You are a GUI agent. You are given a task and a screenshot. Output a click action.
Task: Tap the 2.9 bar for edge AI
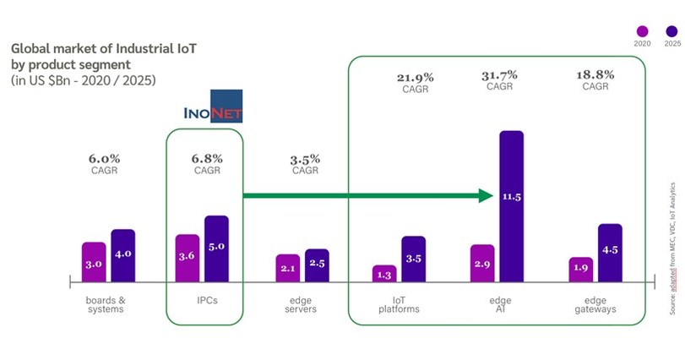481,263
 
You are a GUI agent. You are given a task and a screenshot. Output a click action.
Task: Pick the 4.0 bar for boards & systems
122,255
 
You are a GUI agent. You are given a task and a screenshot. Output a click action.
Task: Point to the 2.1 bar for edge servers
288,268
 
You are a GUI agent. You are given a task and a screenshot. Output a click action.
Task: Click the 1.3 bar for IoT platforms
384,273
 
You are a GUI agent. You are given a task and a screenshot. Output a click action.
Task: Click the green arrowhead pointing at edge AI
484,196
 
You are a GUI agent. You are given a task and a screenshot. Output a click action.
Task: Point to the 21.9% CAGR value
415,78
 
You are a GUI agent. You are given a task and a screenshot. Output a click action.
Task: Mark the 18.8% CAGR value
595,74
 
